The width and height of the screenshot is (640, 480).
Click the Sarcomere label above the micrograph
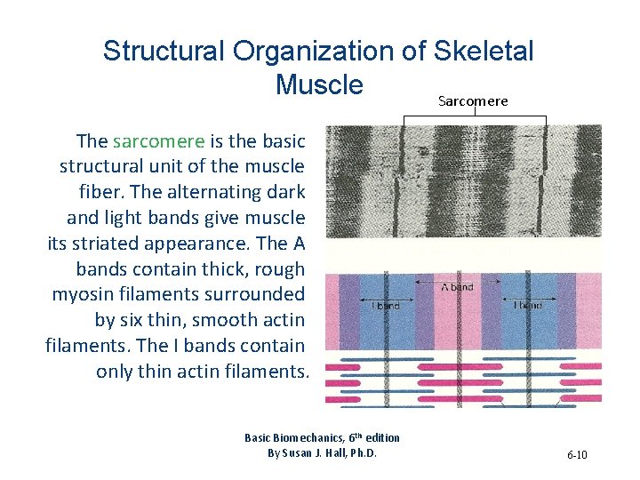point(473,101)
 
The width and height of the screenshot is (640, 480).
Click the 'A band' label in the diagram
point(457,287)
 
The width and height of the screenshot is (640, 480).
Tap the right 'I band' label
point(528,305)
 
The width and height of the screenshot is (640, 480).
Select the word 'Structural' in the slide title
point(164,51)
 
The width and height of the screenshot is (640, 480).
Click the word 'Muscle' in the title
point(319,84)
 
